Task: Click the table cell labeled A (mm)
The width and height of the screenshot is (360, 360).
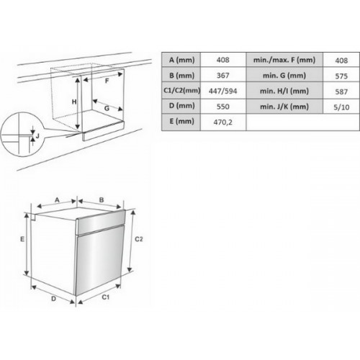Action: [x=181, y=60]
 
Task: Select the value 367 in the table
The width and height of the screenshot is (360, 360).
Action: [x=223, y=76]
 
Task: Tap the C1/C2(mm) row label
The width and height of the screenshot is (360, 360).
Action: [x=181, y=91]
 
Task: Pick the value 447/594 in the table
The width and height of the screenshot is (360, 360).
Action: [x=223, y=91]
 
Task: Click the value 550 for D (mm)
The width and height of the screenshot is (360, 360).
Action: [x=223, y=107]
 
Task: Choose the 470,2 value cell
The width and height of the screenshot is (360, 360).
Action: [x=223, y=122]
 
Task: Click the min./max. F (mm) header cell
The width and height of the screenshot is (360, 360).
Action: [x=284, y=60]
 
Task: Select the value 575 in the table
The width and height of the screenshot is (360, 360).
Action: [x=341, y=76]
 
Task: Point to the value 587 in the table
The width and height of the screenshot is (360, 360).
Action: [x=341, y=91]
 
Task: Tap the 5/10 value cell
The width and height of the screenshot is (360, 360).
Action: [x=341, y=107]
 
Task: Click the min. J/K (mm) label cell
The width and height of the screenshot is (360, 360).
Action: [x=284, y=107]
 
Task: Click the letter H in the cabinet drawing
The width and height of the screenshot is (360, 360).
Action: [x=74, y=102]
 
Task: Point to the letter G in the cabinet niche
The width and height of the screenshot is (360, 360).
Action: [x=107, y=108]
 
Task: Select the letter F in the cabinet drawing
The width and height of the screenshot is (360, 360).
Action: [x=107, y=81]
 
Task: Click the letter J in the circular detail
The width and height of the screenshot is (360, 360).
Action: [x=37, y=136]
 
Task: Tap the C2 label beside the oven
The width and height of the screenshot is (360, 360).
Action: [x=139, y=239]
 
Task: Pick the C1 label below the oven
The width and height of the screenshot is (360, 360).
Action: [x=105, y=297]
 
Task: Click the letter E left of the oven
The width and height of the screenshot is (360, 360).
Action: [x=22, y=239]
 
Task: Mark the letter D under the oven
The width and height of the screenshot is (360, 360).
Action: [x=53, y=299]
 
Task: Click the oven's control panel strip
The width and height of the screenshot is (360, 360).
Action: [x=101, y=222]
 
